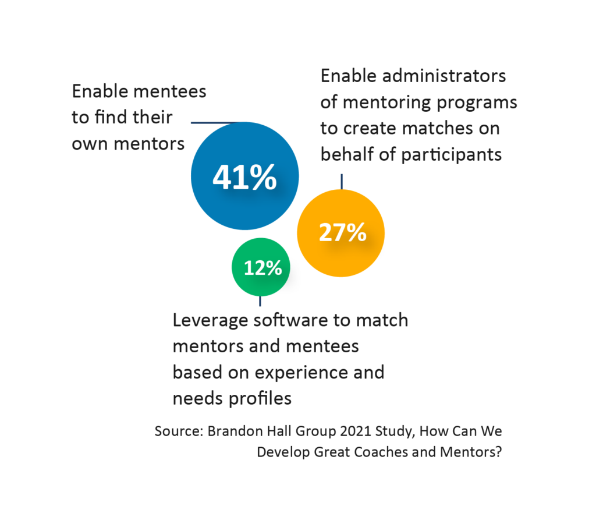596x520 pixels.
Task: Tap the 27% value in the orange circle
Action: point(343,232)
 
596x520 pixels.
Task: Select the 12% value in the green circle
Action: point(262,268)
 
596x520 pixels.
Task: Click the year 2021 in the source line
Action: point(325,432)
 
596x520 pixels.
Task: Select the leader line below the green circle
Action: point(260,300)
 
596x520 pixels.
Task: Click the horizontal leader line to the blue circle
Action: point(212,122)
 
